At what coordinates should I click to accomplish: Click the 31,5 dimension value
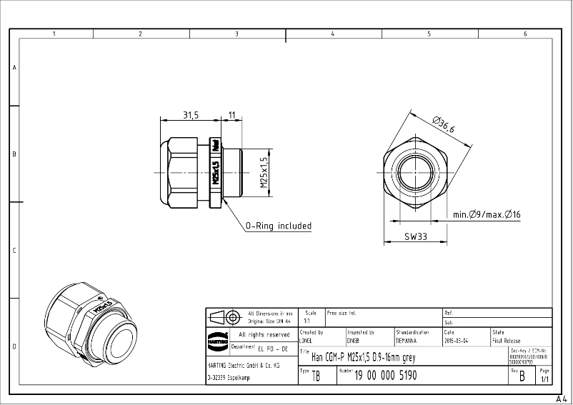click(191, 115)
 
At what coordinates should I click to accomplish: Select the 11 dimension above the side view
click(232, 115)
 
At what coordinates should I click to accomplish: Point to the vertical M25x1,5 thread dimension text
click(264, 172)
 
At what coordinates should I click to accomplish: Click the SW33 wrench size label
click(416, 236)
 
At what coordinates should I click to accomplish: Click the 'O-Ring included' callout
click(279, 226)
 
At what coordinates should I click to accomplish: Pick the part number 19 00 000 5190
click(386, 376)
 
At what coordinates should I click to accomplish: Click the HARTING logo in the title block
click(217, 338)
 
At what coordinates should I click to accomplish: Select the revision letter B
click(522, 376)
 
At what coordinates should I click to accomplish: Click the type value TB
click(316, 376)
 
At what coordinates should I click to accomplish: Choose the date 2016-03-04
click(458, 341)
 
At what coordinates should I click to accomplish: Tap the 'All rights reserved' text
click(264, 334)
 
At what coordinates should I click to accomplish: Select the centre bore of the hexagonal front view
click(416, 173)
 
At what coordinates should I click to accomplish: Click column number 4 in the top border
click(332, 34)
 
